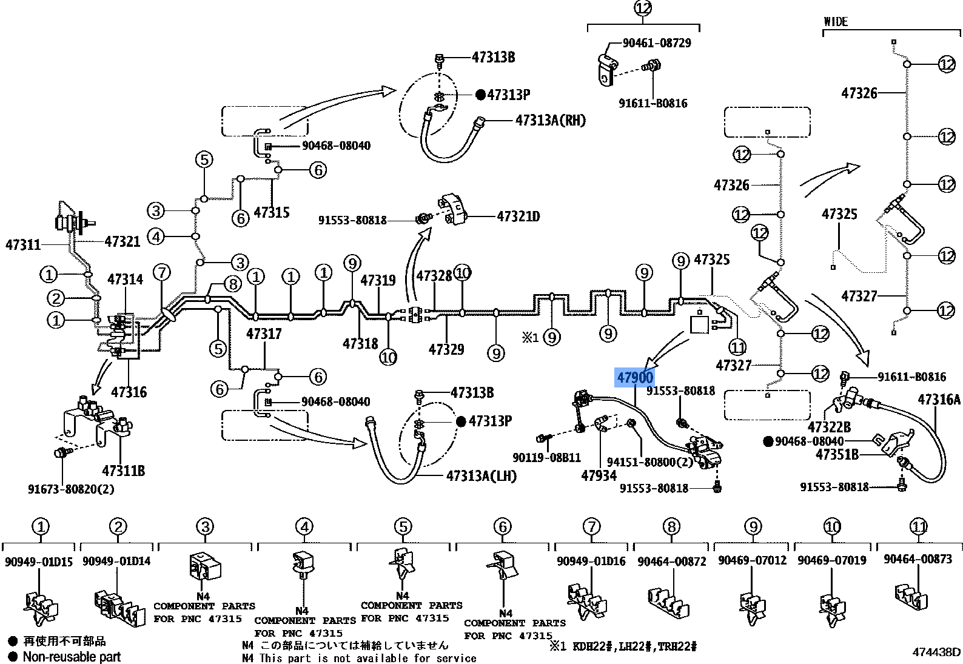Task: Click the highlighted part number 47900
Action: click(635, 378)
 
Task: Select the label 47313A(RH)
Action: click(550, 120)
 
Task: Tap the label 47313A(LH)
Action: click(481, 476)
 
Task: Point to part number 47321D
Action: click(518, 216)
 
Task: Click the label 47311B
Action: click(123, 471)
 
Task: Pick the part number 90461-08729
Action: click(657, 43)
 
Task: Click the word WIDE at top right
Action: click(835, 22)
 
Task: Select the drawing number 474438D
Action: click(936, 652)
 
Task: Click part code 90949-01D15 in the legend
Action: click(39, 562)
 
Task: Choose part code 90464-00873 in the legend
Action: click(918, 559)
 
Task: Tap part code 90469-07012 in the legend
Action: click(752, 560)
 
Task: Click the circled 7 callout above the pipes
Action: click(161, 272)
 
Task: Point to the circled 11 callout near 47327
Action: click(737, 347)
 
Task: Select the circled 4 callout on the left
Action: click(156, 236)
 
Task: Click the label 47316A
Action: click(939, 399)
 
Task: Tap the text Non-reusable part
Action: click(72, 657)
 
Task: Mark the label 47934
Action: click(599, 475)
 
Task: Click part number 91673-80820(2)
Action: click(71, 489)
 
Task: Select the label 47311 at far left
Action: click(23, 245)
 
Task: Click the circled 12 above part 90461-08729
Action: click(643, 8)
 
